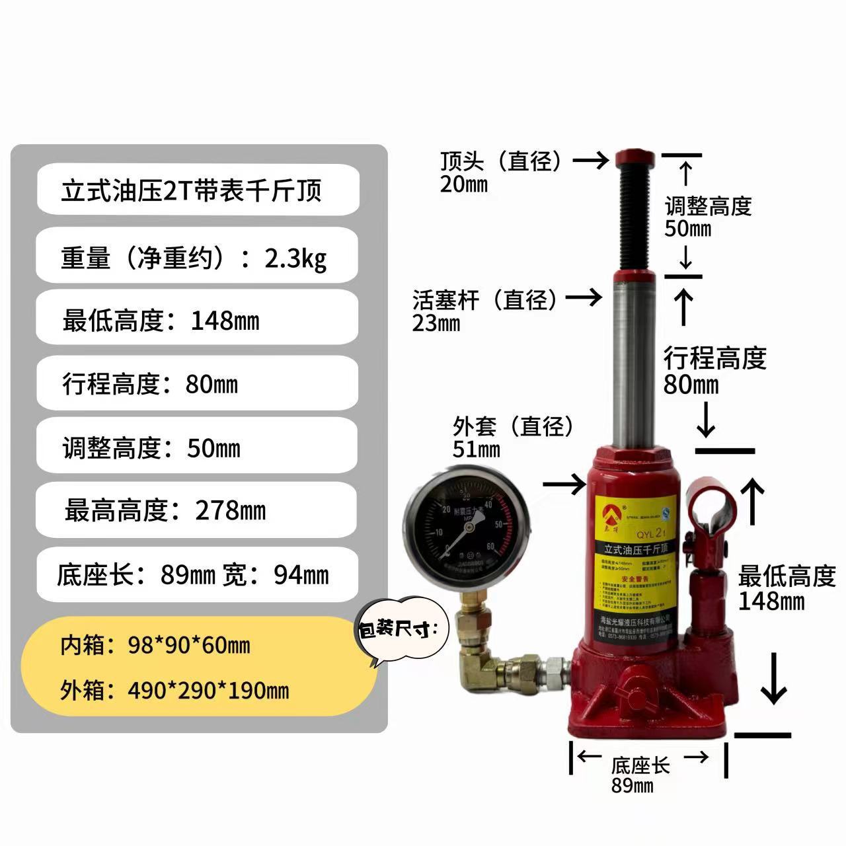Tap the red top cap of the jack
[635, 159]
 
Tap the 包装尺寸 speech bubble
[399, 629]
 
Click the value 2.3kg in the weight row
[295, 258]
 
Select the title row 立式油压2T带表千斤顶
[192, 191]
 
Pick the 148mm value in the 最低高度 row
[225, 321]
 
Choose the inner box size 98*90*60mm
[188, 645]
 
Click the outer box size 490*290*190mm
[208, 691]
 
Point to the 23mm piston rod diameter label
[436, 323]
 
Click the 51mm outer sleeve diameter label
[476, 449]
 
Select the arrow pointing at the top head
[590, 160]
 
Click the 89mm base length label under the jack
[633, 786]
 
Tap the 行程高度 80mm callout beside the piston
[714, 370]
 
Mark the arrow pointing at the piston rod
[585, 298]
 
